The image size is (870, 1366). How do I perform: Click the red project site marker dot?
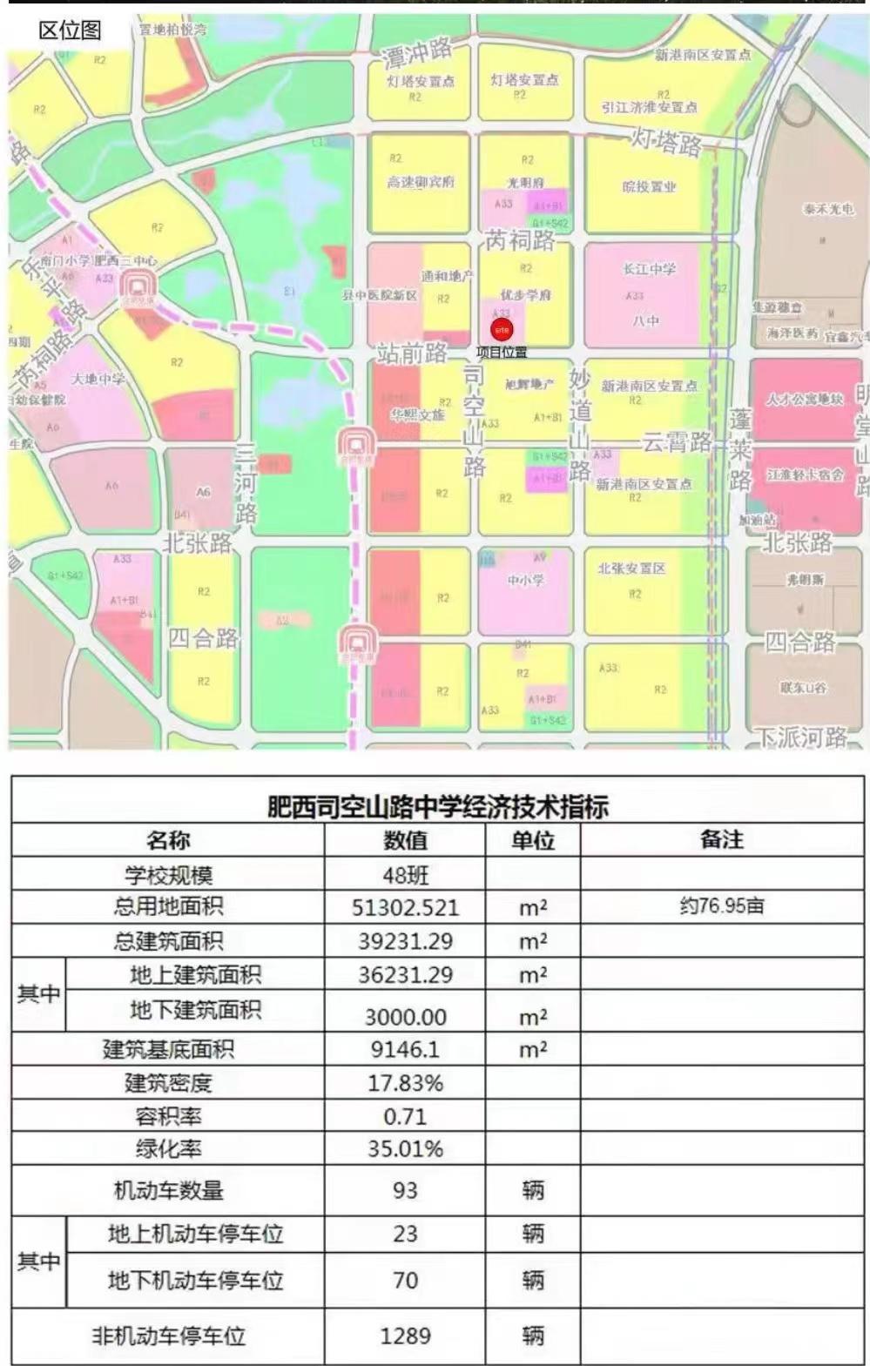[x=502, y=330]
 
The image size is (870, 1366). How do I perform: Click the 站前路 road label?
[x=412, y=353]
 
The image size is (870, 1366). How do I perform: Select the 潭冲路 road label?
[x=417, y=55]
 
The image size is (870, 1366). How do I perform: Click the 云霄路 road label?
[x=677, y=442]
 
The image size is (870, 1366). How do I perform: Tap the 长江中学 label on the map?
[x=649, y=269]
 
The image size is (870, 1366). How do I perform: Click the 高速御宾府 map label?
[x=421, y=182]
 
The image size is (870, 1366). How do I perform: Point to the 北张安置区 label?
[x=631, y=569]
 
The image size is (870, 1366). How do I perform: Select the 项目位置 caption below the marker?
[x=502, y=353]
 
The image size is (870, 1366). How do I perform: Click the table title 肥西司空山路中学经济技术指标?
[x=437, y=806]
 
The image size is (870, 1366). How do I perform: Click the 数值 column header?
[x=405, y=840]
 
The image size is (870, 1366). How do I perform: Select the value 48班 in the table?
[x=405, y=875]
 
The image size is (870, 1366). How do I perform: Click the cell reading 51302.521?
[x=405, y=907]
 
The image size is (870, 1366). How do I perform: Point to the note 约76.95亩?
[x=721, y=905]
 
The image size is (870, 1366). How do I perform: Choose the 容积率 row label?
[x=168, y=1116]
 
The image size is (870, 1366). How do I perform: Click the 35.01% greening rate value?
[x=405, y=1149]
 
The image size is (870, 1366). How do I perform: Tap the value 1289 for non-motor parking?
[x=405, y=1336]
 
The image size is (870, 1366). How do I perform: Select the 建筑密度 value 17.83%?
[x=405, y=1083]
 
